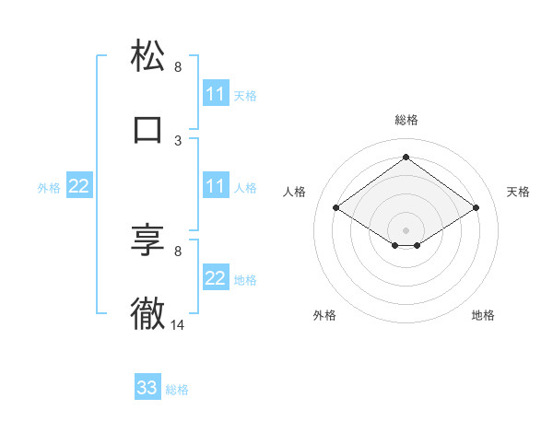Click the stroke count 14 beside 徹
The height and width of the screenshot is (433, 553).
pos(178,324)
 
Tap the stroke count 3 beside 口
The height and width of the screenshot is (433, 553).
pos(178,140)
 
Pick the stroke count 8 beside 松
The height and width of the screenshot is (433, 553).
pos(178,66)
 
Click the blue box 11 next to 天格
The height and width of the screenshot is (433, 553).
pos(215,94)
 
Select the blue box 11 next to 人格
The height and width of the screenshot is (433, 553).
pos(215,186)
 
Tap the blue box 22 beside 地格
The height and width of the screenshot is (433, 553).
pos(215,278)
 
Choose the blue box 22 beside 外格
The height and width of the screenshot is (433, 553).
pos(79,186)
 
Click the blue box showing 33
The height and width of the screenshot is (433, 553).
pos(147,388)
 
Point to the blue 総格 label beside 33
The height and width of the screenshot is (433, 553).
pos(177,390)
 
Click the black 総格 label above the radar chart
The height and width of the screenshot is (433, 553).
pos(406,120)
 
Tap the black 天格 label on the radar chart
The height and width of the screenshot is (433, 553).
pos(518,192)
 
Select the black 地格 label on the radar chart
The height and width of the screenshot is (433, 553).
pos(483,315)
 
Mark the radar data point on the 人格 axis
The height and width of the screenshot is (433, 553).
pos(335,208)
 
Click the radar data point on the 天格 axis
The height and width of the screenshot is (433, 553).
pos(476,208)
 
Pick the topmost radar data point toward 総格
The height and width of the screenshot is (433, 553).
pos(406,158)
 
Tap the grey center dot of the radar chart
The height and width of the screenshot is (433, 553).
pos(406,228)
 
